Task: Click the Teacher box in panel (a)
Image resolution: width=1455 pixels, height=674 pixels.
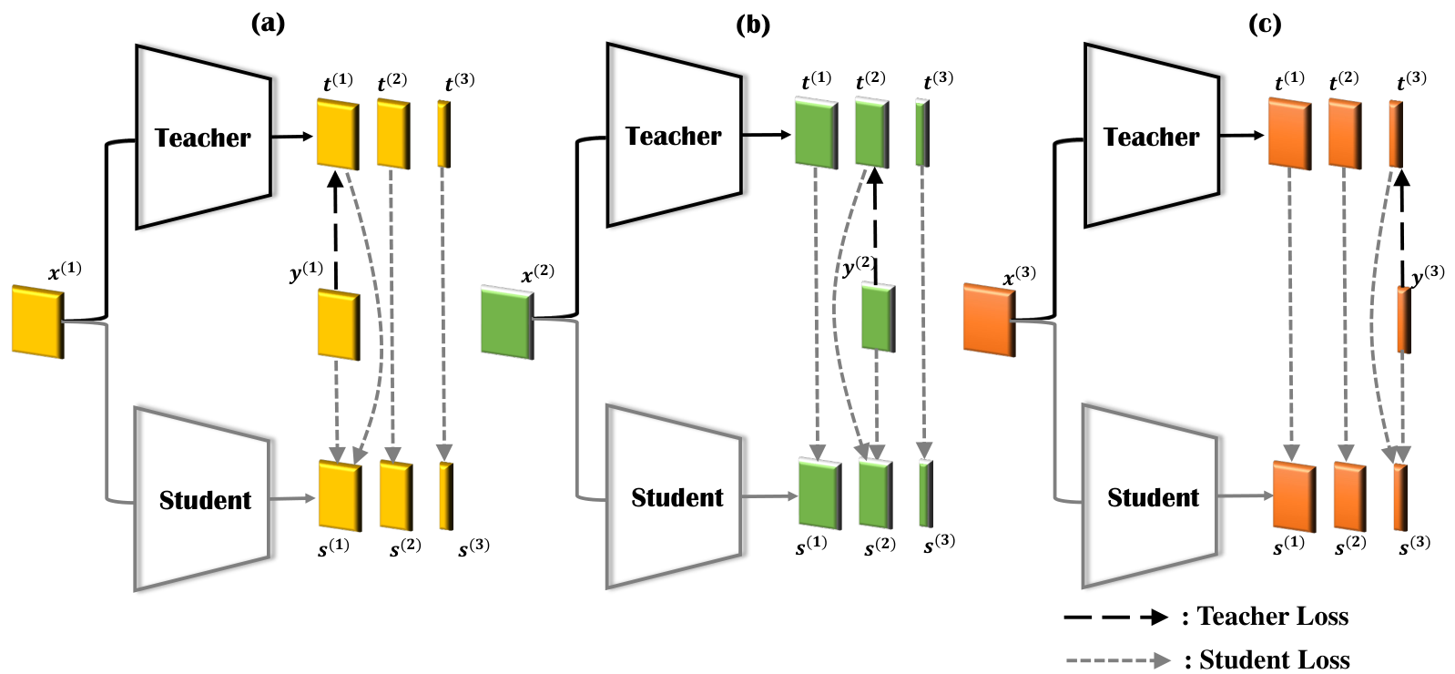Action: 203,138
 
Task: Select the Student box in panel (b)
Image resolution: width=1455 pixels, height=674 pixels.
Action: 675,497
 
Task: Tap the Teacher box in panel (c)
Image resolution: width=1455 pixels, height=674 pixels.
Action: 1152,136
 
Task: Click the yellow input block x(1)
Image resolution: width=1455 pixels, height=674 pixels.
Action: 38,322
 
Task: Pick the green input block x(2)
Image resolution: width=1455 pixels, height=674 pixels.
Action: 507,322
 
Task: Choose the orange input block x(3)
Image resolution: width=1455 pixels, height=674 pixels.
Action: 989,320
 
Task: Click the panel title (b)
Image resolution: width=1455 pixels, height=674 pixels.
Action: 753,24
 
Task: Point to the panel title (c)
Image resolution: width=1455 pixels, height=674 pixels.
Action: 1265,24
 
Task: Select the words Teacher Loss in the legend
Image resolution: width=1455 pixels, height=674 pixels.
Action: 1273,616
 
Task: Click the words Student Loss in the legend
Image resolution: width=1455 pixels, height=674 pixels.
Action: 1275,659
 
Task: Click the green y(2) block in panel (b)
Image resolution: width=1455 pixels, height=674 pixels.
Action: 879,317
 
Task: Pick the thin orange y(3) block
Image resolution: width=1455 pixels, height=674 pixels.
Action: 1404,321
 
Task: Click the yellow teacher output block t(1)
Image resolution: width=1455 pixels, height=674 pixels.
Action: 338,134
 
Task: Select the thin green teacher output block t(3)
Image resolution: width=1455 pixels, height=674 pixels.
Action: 922,133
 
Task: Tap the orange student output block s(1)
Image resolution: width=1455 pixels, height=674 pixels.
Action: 1295,496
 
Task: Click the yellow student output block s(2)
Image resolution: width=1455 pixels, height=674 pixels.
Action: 396,495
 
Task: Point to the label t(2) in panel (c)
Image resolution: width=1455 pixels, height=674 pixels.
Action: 1343,81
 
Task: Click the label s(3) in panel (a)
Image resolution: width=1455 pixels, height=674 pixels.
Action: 473,548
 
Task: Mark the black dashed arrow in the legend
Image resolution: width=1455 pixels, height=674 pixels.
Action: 1116,617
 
